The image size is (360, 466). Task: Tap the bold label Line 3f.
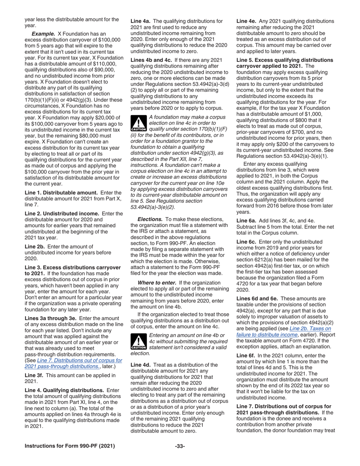34,375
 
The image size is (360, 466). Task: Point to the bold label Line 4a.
141,21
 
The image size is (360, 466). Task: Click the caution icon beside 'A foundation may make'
139,123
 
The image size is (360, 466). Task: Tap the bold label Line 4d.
141,365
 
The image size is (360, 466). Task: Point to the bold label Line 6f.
246,355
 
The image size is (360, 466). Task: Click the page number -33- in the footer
180,446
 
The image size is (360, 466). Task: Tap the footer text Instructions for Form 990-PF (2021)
70,446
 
